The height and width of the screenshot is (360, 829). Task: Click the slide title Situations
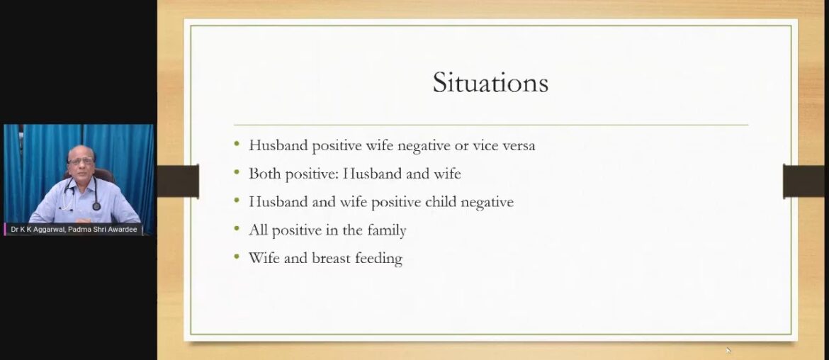[x=490, y=83]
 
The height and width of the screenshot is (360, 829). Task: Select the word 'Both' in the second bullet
[x=264, y=173]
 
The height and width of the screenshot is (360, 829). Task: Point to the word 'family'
[x=384, y=230]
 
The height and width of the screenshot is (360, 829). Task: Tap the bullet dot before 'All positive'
[x=237, y=228]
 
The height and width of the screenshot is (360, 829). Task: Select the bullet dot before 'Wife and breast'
[x=237, y=257]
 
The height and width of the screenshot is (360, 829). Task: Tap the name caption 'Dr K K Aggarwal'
[x=36, y=230]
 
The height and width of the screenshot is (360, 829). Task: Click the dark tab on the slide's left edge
[x=178, y=181]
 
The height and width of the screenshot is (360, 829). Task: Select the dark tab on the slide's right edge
[x=806, y=181]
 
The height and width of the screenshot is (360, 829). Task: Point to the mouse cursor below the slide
[x=728, y=350]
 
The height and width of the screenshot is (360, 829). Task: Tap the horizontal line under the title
[x=490, y=125]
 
